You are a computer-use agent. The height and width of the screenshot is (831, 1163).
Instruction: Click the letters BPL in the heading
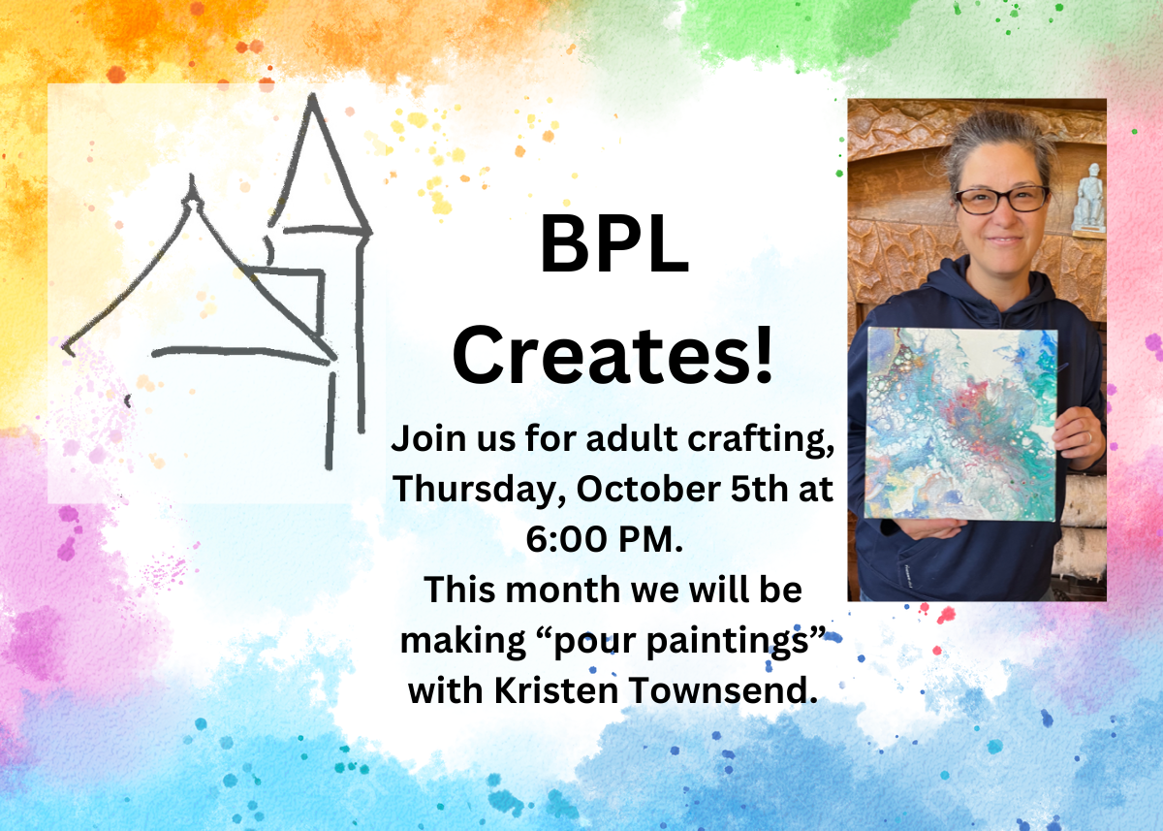click(614, 243)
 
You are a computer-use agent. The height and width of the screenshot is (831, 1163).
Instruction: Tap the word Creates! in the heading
click(613, 355)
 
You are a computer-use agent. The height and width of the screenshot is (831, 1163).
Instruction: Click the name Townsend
click(723, 690)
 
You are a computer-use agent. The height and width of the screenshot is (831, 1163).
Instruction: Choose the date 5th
click(759, 489)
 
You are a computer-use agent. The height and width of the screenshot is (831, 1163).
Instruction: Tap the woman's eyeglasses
click(1001, 200)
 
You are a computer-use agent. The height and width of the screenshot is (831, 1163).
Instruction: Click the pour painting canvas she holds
click(961, 425)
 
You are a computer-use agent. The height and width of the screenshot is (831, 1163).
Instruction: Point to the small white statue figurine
click(1088, 199)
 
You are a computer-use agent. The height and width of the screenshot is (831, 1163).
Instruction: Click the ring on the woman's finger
click(1089, 437)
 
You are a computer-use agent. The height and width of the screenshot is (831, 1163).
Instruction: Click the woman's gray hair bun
click(999, 138)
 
